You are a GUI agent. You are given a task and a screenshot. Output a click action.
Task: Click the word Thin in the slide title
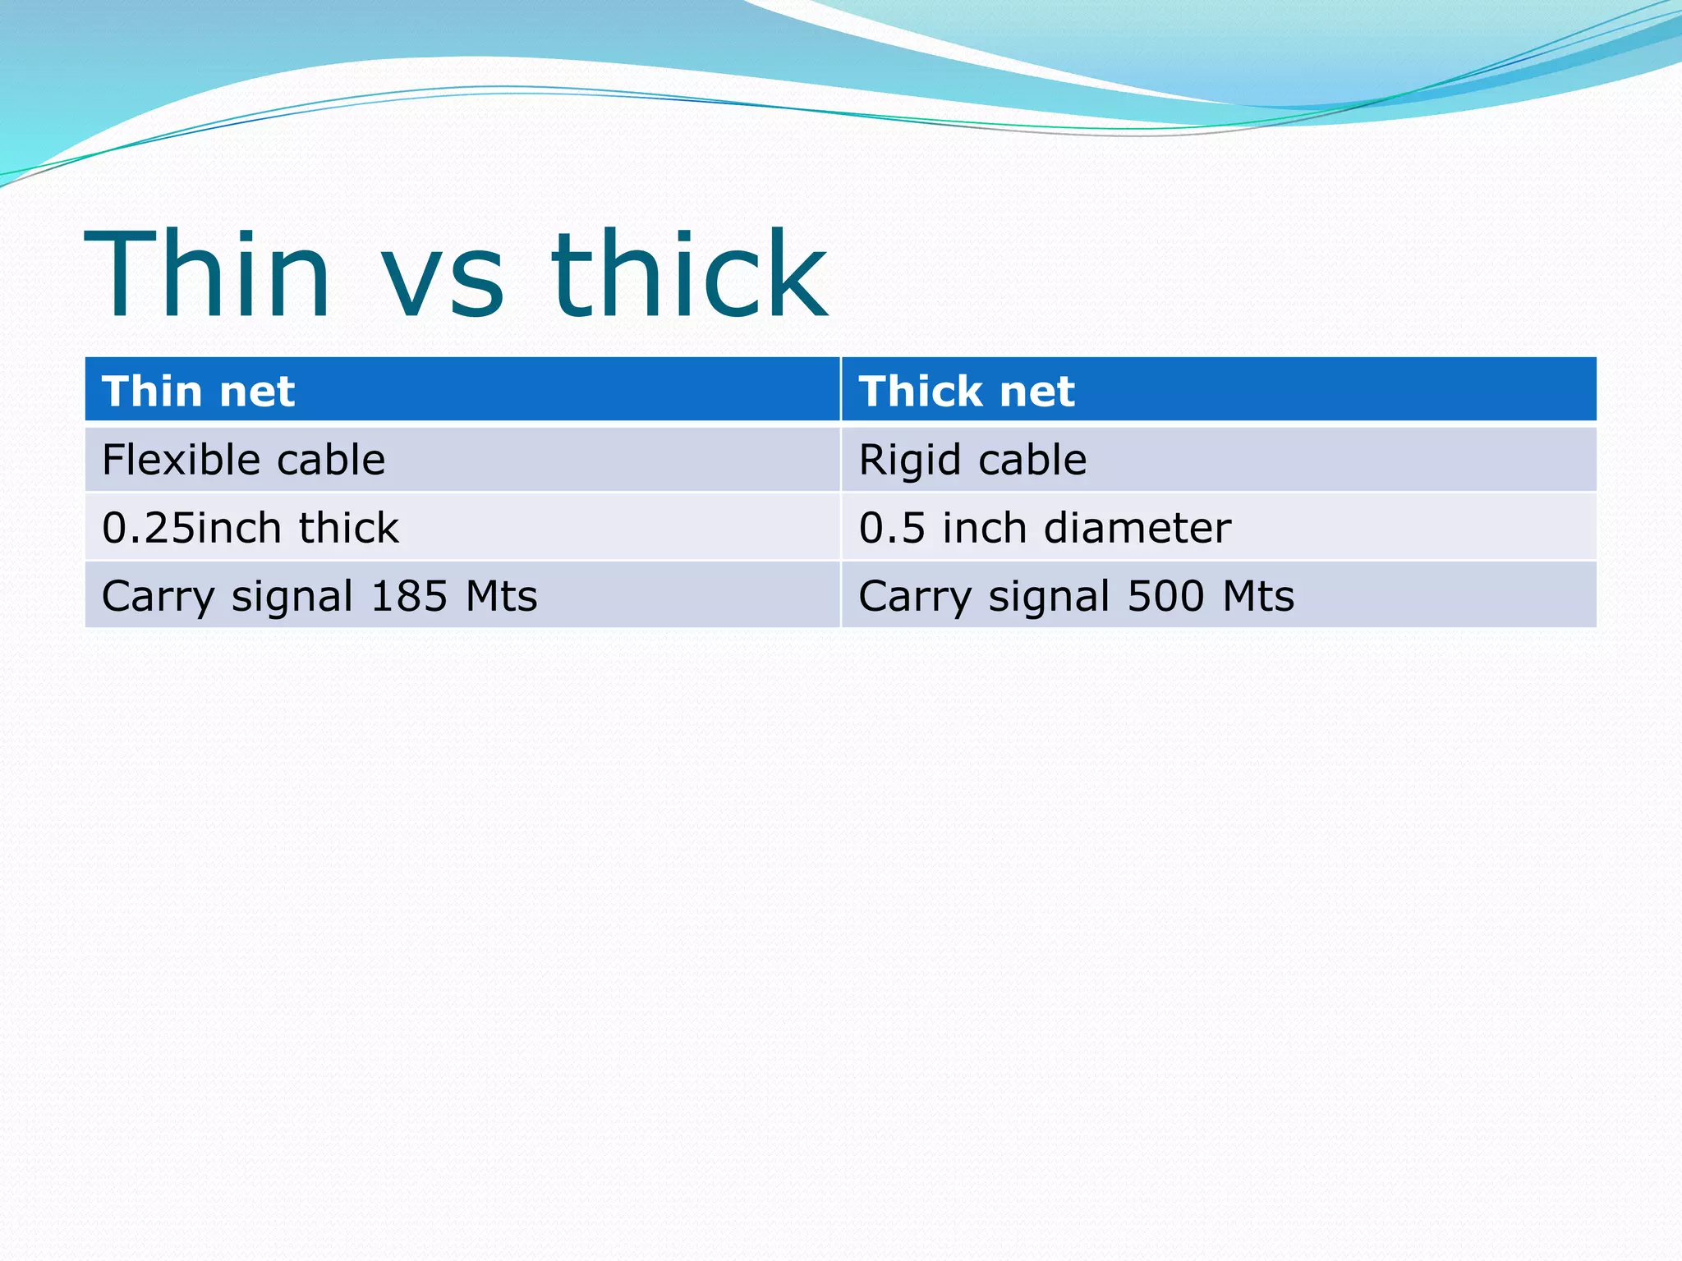pos(208,275)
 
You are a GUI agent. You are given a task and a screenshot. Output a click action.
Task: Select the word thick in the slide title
pos(689,275)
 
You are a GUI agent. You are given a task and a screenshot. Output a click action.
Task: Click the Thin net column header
pos(198,391)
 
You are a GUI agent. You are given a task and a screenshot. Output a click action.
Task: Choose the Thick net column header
pos(966,391)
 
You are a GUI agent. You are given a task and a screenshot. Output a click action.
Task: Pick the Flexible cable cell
pos(243,460)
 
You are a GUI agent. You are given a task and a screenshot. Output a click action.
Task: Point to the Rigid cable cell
pos(972,460)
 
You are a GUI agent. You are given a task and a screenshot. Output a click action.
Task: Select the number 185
pos(408,596)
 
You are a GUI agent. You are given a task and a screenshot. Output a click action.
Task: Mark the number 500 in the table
pos(1166,596)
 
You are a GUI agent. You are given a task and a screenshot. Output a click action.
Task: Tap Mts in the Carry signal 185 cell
pos(501,596)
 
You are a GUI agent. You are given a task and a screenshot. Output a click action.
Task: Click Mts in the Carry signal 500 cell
pos(1257,596)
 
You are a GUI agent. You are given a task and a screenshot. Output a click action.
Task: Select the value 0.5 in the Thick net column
pos(891,528)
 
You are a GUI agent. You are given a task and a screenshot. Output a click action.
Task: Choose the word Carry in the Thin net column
pos(158,598)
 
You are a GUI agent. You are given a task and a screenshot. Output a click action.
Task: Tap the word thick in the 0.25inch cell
pos(348,528)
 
